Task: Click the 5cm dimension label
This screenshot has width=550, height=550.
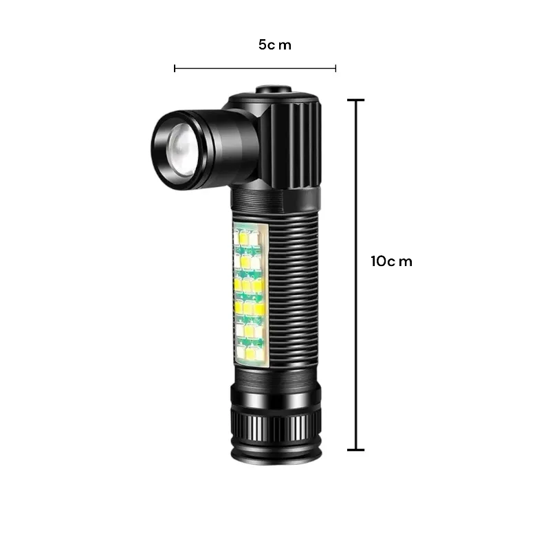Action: [x=274, y=45]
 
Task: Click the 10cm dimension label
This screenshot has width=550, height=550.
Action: [x=391, y=261]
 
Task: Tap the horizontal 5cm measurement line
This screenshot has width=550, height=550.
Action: [x=255, y=68]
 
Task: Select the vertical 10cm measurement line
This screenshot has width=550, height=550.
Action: [x=356, y=274]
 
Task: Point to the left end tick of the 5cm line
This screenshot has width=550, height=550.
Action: [x=175, y=68]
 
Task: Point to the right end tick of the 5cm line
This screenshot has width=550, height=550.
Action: [x=335, y=68]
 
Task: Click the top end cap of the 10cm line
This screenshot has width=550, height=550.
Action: [x=356, y=100]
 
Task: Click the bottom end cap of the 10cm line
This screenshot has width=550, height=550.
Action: [x=356, y=450]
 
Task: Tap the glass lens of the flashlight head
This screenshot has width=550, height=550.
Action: [x=181, y=150]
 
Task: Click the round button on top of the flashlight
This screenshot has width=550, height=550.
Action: [x=274, y=89]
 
